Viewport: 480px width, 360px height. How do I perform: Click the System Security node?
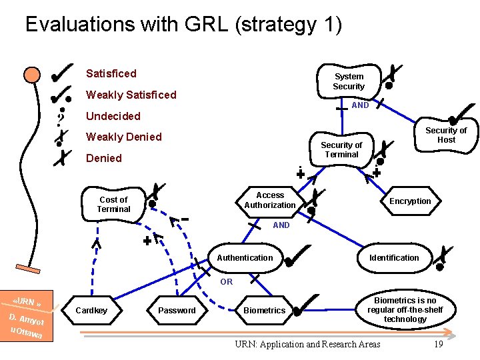click(349, 81)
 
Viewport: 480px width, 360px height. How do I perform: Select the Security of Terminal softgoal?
click(341, 150)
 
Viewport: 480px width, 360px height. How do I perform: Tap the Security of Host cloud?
click(446, 135)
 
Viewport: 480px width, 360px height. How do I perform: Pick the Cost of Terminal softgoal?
click(113, 205)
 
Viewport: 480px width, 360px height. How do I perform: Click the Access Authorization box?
click(269, 201)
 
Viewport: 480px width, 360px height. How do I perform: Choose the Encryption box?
click(410, 201)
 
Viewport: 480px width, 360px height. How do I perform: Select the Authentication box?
click(245, 258)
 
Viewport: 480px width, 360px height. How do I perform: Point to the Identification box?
click(394, 258)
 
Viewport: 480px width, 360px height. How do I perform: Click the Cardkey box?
click(91, 311)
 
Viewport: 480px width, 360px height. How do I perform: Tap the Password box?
click(177, 311)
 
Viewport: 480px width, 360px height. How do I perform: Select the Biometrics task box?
click(264, 311)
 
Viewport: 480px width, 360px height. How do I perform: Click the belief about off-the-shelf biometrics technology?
click(405, 310)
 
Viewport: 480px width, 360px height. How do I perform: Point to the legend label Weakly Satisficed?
click(131, 95)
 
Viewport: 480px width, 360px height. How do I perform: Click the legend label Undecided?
click(113, 116)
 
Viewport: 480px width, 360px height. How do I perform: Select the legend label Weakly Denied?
click(124, 137)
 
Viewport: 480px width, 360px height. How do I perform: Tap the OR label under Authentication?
click(227, 282)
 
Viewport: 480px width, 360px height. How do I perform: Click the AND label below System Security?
click(360, 105)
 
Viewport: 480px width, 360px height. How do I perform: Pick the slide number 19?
click(438, 344)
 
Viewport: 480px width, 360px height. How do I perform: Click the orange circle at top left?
click(31, 75)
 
